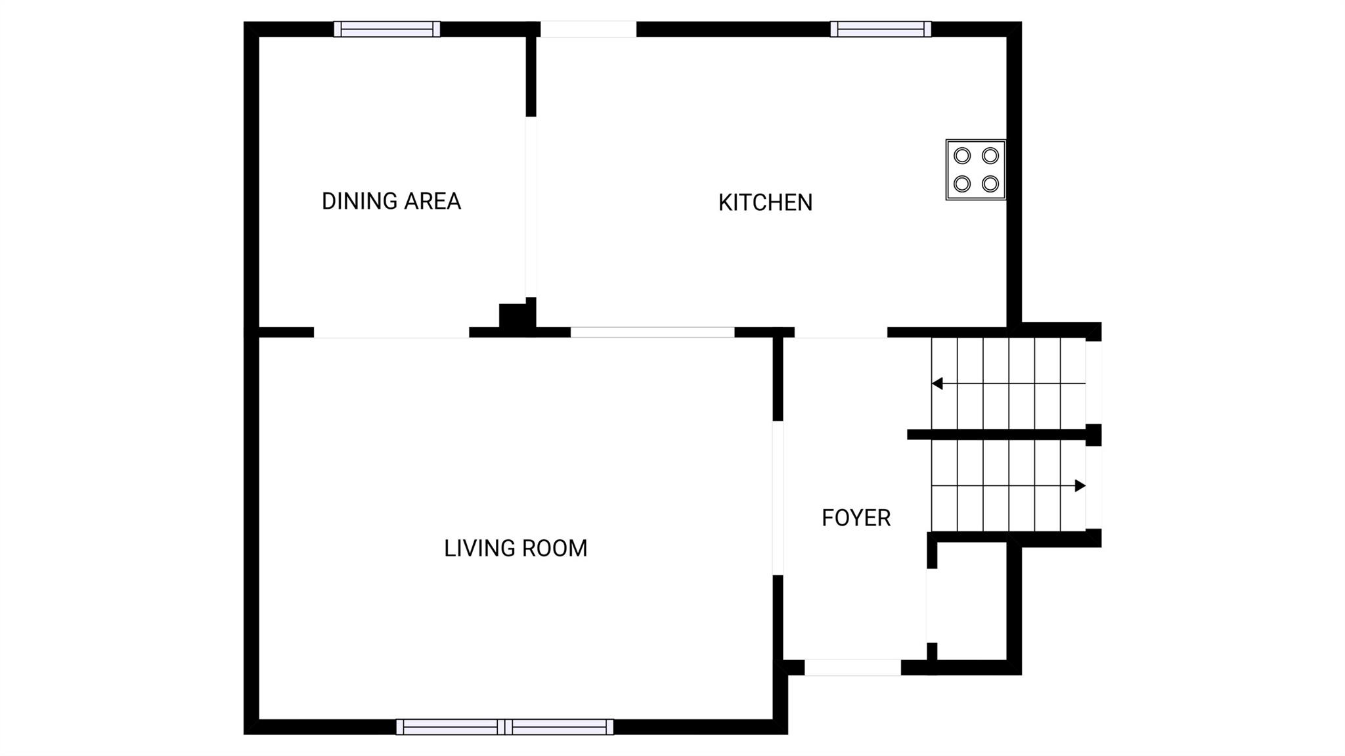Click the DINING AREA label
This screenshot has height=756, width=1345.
click(x=391, y=201)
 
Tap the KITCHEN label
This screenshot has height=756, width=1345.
click(x=765, y=202)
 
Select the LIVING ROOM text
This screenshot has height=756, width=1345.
click(x=516, y=548)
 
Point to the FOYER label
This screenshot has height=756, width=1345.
click(x=856, y=518)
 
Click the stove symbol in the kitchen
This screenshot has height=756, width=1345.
click(x=976, y=169)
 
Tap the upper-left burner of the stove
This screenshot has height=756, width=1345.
click(x=962, y=156)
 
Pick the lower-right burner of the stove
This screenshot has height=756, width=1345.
click(x=990, y=183)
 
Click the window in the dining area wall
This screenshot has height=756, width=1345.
click(x=387, y=29)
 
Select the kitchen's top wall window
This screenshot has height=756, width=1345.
click(x=881, y=29)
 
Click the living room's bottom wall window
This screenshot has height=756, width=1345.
click(x=504, y=726)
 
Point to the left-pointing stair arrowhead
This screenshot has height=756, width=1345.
click(x=937, y=384)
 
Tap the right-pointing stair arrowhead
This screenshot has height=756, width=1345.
click(x=1080, y=486)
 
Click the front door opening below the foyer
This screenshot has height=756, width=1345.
click(x=852, y=667)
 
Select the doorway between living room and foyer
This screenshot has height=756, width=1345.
click(x=778, y=498)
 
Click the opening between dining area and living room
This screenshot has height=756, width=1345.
click(x=391, y=332)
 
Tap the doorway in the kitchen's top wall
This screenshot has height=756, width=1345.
click(x=588, y=29)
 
